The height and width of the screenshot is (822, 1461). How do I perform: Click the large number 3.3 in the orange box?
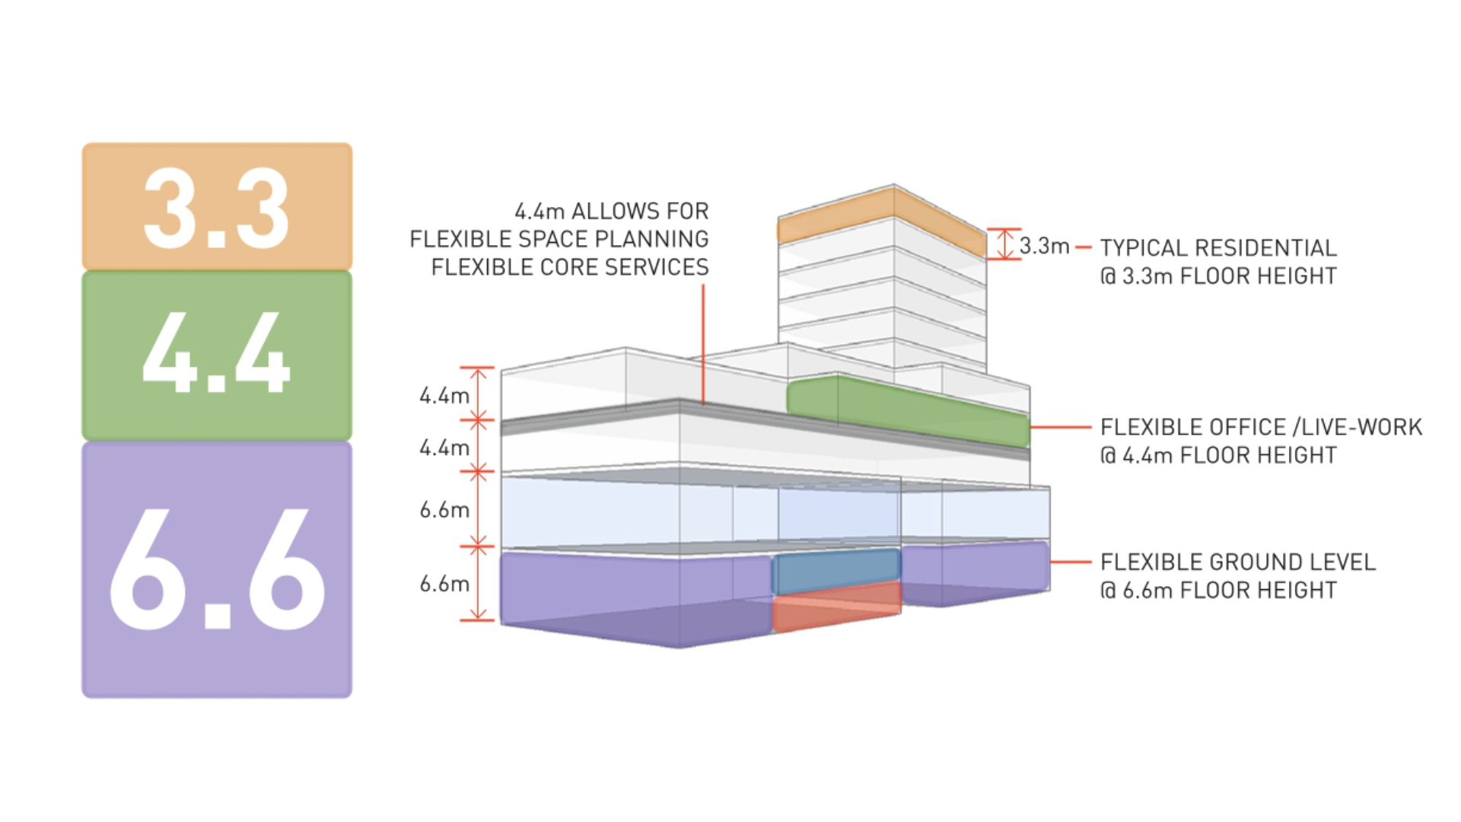pos(217,208)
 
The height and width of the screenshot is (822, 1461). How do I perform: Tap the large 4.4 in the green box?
pos(217,353)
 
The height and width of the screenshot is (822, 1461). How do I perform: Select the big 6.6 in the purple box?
pos(217,569)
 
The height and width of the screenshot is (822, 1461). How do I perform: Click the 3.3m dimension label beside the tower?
pos(1044,246)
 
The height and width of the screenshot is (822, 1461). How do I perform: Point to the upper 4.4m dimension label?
pos(444,396)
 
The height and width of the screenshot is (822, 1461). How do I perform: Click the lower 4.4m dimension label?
pos(444,448)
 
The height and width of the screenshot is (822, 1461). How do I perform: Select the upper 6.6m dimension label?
pos(444,510)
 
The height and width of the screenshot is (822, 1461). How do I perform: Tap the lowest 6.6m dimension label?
pos(444,584)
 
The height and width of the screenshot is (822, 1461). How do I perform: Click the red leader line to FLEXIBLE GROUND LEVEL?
pos(1071,562)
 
